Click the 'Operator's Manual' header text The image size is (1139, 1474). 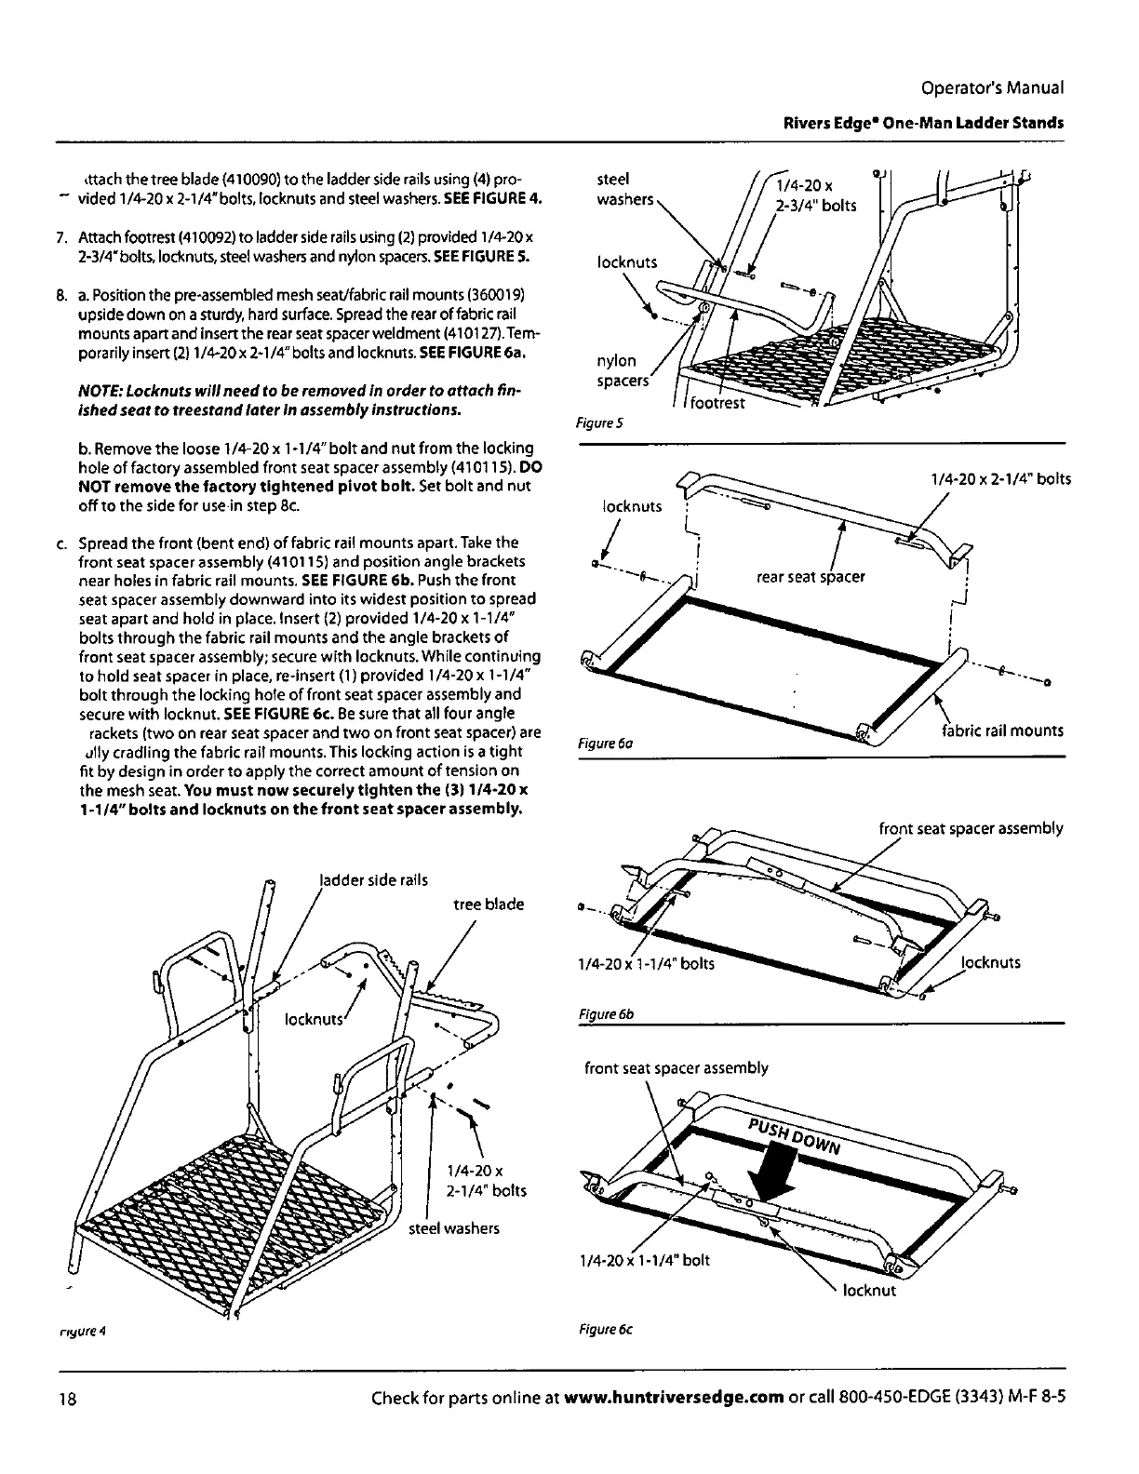point(991,88)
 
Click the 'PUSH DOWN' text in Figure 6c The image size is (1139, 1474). point(795,1133)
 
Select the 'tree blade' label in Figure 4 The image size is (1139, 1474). point(489,904)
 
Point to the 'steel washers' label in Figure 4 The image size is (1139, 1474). point(454,1228)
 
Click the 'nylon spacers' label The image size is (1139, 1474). point(618,370)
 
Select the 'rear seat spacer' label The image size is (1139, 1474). point(811,577)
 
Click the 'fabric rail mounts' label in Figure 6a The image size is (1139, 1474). point(1001,730)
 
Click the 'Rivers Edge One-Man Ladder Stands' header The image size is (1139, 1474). point(923,124)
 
